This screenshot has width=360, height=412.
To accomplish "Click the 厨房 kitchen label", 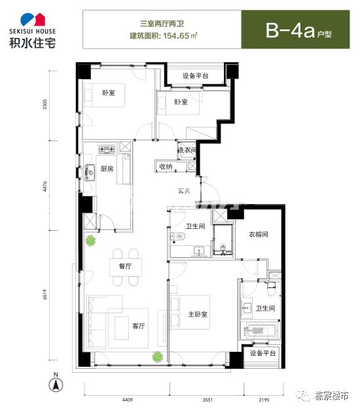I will (106, 169).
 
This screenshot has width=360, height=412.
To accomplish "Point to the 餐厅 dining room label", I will (117, 266).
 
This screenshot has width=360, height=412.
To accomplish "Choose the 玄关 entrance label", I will (184, 192).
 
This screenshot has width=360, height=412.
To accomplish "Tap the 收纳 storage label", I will (166, 167).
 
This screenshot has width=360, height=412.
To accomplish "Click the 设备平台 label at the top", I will (195, 77).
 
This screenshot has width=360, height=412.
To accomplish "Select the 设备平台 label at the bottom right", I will (263, 353).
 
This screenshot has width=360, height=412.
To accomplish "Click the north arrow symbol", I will (57, 384).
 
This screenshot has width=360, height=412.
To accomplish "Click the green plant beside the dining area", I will (90, 241).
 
